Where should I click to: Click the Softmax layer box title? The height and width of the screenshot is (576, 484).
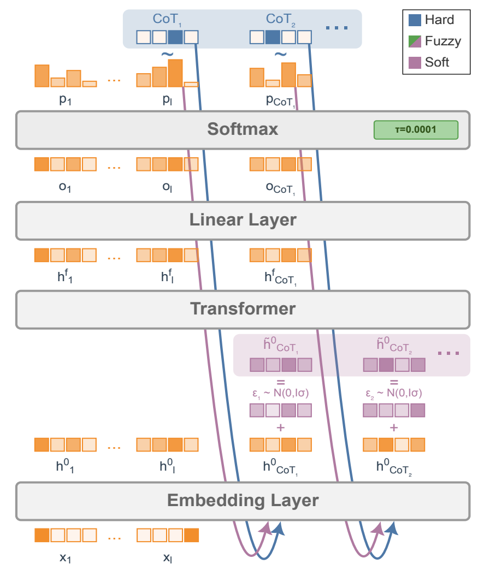[243, 129]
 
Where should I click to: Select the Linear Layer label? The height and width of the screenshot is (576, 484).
[243, 220]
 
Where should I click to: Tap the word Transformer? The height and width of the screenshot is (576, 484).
[243, 308]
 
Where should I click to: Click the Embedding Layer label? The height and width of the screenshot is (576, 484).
[243, 500]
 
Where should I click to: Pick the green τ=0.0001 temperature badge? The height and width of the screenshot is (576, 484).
[415, 129]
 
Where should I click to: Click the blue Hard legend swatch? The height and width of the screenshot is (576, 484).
[415, 20]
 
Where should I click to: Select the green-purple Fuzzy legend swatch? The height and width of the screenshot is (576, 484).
[415, 41]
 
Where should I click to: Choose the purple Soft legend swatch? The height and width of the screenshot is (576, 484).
[415, 62]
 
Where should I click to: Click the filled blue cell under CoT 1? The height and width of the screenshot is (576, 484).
[175, 37]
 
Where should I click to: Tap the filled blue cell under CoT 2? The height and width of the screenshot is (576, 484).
[273, 37]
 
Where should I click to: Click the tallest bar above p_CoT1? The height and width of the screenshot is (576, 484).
[288, 75]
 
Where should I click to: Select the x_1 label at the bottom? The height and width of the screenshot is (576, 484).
[65, 558]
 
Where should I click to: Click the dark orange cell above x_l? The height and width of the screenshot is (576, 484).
[191, 535]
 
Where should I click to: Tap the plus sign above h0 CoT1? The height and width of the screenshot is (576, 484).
[281, 427]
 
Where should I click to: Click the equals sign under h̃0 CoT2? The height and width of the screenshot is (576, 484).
[394, 382]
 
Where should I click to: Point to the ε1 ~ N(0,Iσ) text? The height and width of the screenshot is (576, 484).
[280, 393]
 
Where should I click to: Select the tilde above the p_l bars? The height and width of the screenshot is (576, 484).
[167, 54]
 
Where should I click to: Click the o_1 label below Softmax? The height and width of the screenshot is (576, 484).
[65, 187]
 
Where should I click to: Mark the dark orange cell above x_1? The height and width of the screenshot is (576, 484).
[42, 535]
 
